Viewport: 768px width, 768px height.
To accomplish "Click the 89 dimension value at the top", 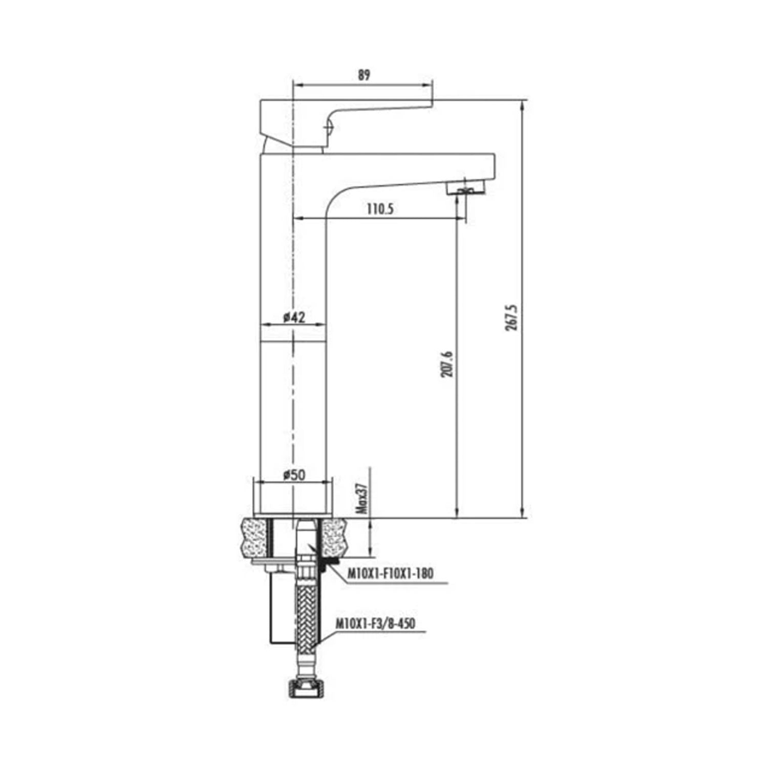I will click(x=363, y=75).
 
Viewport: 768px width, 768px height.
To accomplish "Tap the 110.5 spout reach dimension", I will click(x=380, y=209).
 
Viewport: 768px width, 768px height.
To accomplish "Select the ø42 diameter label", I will click(x=294, y=317).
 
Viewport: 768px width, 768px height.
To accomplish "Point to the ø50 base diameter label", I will click(x=294, y=475).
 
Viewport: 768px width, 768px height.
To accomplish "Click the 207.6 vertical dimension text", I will click(x=447, y=364).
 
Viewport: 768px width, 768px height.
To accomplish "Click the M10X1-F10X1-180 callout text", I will click(x=390, y=573).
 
